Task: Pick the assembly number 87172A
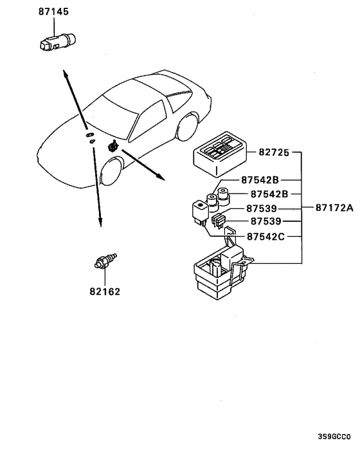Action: pos(334,208)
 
